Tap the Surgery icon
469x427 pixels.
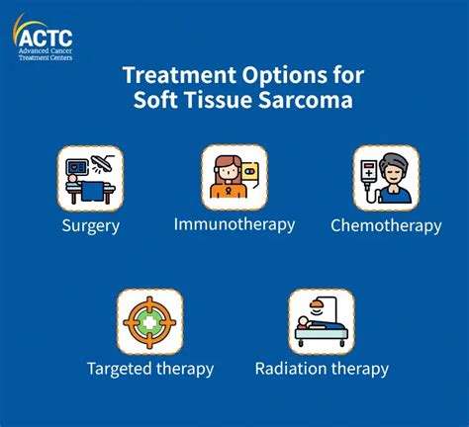(x=89, y=178)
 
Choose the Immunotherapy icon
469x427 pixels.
(x=234, y=177)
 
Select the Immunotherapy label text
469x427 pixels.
(x=234, y=223)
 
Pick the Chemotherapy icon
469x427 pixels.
(x=386, y=178)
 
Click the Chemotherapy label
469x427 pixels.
(x=386, y=225)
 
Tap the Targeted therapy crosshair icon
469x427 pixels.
(x=149, y=321)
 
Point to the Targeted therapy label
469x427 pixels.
(x=149, y=369)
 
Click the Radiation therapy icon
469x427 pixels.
(x=321, y=321)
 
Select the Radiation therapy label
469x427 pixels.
(x=321, y=369)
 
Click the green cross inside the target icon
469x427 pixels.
(x=149, y=322)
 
